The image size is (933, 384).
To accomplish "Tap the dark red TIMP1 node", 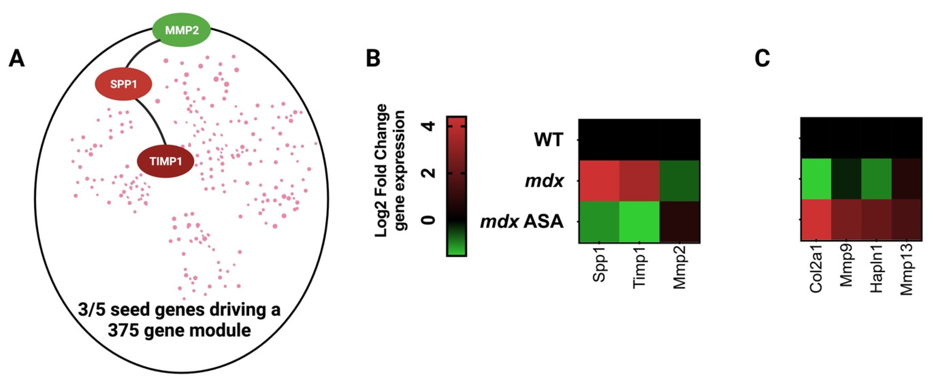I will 165,161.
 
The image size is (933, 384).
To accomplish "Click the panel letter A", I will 16,59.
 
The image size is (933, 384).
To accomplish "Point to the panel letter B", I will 373,59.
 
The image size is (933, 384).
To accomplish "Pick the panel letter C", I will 762,59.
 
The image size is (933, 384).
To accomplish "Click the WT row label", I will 549,140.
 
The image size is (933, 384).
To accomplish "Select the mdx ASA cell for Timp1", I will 639,222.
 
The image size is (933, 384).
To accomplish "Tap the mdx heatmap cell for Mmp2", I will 680,180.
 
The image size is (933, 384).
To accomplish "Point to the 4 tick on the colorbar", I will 429,126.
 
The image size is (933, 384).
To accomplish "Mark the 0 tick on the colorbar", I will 429,220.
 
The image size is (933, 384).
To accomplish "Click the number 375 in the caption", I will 122,330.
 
